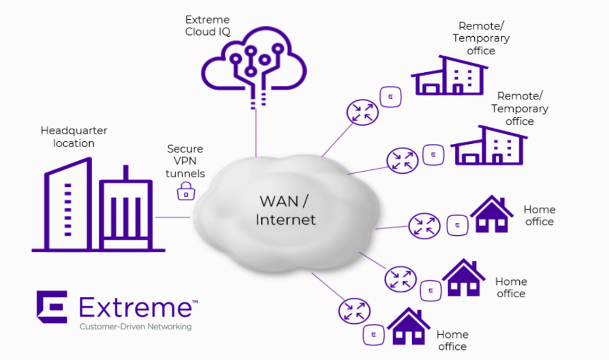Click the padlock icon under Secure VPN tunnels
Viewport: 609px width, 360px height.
(x=186, y=191)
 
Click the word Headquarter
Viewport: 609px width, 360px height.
(x=74, y=130)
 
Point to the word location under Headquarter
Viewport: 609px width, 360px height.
(x=74, y=143)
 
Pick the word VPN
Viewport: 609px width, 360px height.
(x=185, y=161)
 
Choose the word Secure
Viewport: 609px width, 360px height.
(x=185, y=150)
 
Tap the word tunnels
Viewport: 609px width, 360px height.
(x=185, y=173)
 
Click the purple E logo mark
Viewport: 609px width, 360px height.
(x=52, y=307)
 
